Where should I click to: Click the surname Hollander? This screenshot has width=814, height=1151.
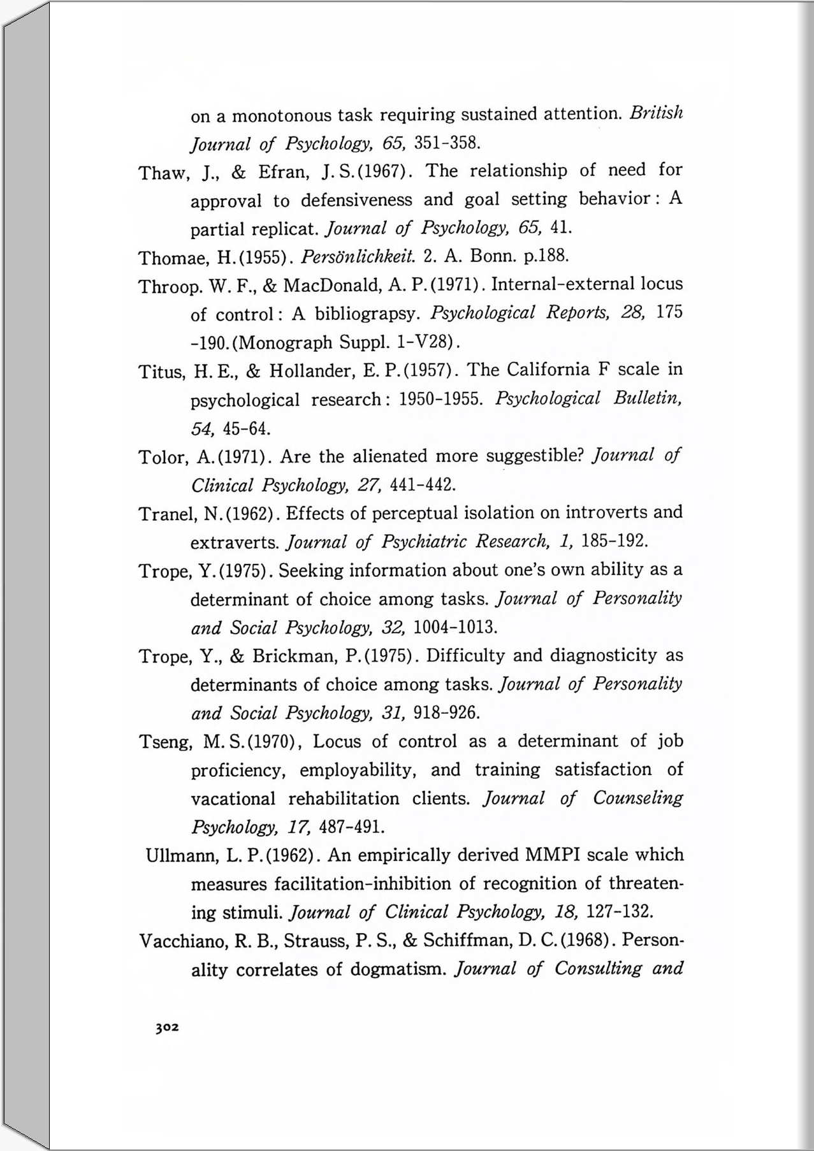(x=312, y=371)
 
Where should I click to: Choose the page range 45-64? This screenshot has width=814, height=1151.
(x=247, y=428)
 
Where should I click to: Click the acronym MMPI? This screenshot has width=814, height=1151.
(x=552, y=855)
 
